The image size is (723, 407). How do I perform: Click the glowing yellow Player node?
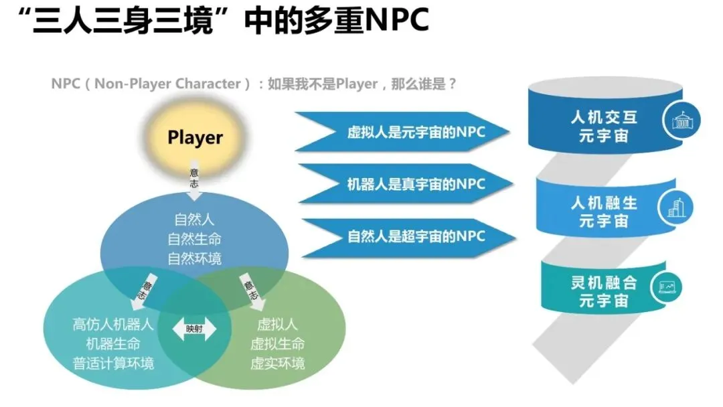click(x=195, y=137)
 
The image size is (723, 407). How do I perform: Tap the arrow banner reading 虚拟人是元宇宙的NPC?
click(x=415, y=132)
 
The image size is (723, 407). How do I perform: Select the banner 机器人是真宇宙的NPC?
click(x=415, y=183)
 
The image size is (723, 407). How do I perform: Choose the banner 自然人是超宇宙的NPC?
click(x=415, y=236)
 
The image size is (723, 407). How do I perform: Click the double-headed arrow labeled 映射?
click(x=194, y=329)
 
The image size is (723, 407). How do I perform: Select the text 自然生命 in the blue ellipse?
click(x=194, y=238)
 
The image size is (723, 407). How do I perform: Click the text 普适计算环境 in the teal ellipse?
click(x=113, y=363)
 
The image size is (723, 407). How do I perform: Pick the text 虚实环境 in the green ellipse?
click(x=277, y=363)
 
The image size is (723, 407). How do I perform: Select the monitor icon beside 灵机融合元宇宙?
click(x=667, y=287)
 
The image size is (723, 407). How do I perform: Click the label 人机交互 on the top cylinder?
click(x=604, y=118)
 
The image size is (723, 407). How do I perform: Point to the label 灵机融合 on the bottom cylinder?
click(x=603, y=282)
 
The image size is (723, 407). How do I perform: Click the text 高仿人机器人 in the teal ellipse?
click(x=113, y=325)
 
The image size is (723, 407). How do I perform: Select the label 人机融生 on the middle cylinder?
click(x=603, y=201)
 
